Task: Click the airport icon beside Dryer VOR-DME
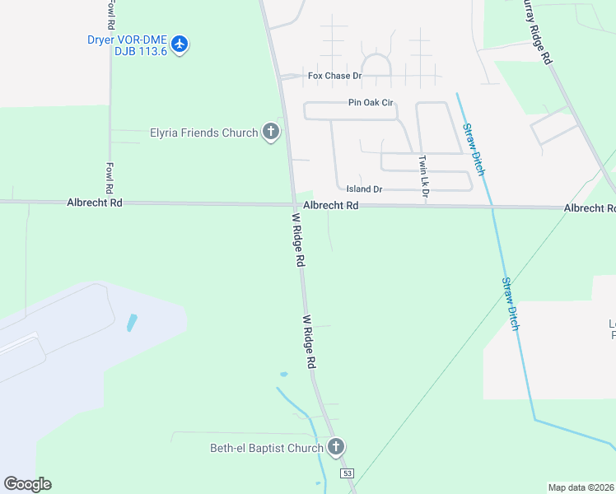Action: point(180,44)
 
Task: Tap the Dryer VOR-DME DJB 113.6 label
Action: point(127,44)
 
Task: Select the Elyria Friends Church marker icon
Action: point(270,132)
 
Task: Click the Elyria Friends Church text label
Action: point(203,132)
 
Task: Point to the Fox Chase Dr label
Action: point(334,76)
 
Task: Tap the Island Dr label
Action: point(364,189)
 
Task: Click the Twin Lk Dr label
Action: point(424,177)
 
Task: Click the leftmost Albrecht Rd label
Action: point(94,202)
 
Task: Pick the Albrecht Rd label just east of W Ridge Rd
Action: point(330,205)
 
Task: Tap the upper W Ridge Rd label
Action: point(298,240)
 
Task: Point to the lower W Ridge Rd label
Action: point(310,342)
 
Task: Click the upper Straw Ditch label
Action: point(473,149)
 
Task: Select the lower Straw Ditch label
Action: point(511,304)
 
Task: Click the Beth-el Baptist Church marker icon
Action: point(335,447)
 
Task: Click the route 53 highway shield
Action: point(348,473)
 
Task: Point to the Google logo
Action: point(27,484)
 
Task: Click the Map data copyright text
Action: point(581,487)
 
